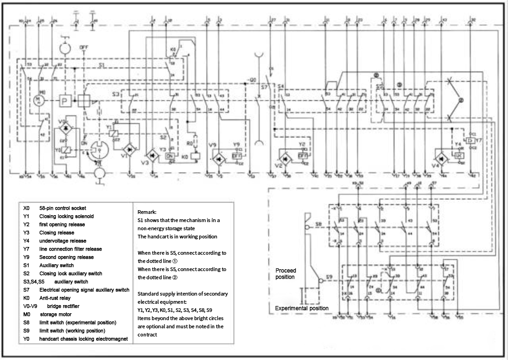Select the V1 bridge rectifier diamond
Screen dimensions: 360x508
click(x=130, y=149)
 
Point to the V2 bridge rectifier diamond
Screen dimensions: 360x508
click(x=286, y=159)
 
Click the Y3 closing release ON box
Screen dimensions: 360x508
click(x=171, y=156)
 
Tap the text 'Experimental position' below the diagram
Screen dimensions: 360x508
click(x=302, y=309)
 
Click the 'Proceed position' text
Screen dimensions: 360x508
click(x=286, y=274)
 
